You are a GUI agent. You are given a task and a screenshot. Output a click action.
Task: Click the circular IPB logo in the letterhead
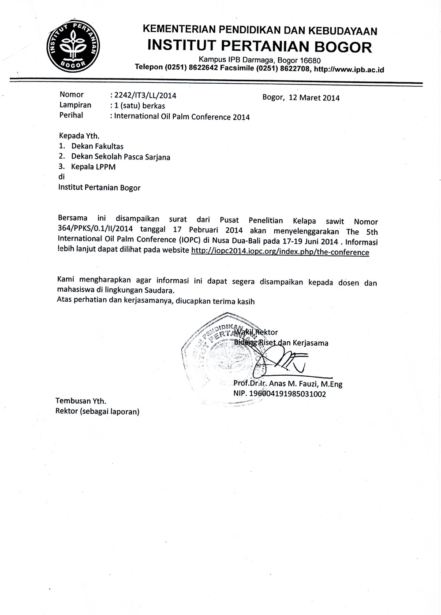click(x=74, y=47)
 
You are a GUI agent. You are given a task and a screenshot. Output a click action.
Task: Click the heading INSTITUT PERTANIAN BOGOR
click(x=259, y=46)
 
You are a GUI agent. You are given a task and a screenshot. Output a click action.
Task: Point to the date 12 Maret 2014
click(x=314, y=98)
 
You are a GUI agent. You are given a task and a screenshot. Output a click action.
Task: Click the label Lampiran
click(x=75, y=105)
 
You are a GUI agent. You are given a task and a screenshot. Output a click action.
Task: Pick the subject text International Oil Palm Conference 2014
click(x=182, y=117)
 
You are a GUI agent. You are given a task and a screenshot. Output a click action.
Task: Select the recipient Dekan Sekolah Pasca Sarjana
click(x=120, y=156)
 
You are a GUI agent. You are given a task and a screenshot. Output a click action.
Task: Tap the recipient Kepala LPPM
click(x=93, y=167)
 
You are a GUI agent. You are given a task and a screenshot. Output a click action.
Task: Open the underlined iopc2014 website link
click(x=280, y=252)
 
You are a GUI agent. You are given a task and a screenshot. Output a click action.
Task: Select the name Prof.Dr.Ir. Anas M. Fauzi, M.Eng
click(x=288, y=384)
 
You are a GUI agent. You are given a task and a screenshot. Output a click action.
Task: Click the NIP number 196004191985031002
click(x=288, y=394)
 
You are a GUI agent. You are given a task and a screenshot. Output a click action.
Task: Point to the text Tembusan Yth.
click(x=81, y=401)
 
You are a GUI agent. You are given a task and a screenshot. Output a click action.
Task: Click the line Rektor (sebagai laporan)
click(x=97, y=412)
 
